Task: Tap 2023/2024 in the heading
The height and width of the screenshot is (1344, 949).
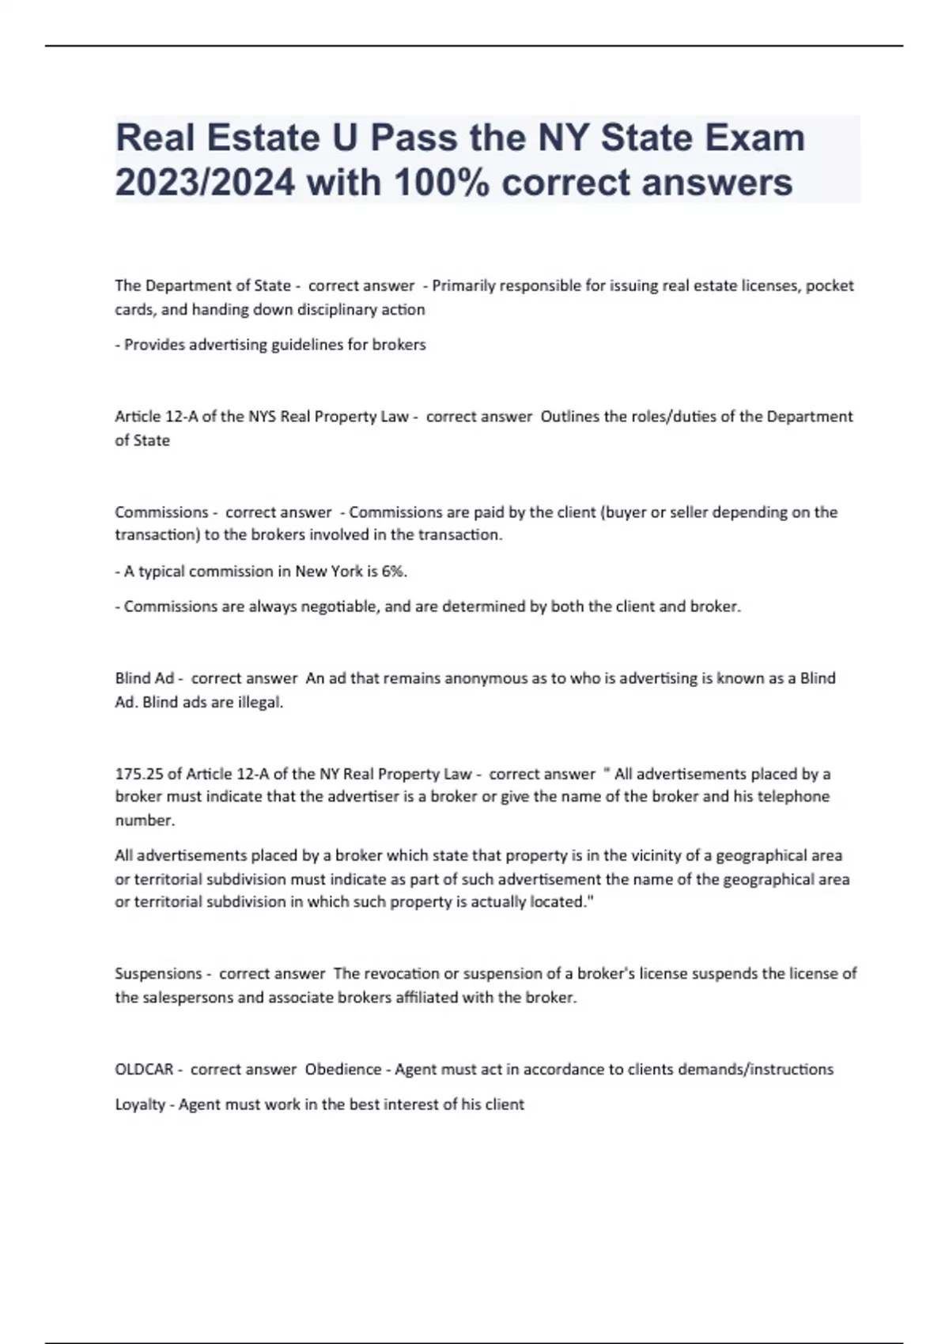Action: coord(205,183)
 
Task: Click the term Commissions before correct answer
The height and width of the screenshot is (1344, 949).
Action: coord(161,512)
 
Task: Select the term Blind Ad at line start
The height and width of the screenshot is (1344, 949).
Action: coord(144,678)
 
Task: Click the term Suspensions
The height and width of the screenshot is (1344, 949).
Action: coord(158,974)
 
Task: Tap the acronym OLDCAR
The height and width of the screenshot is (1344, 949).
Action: coord(144,1070)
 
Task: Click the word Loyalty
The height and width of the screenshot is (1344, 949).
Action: coord(139,1104)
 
